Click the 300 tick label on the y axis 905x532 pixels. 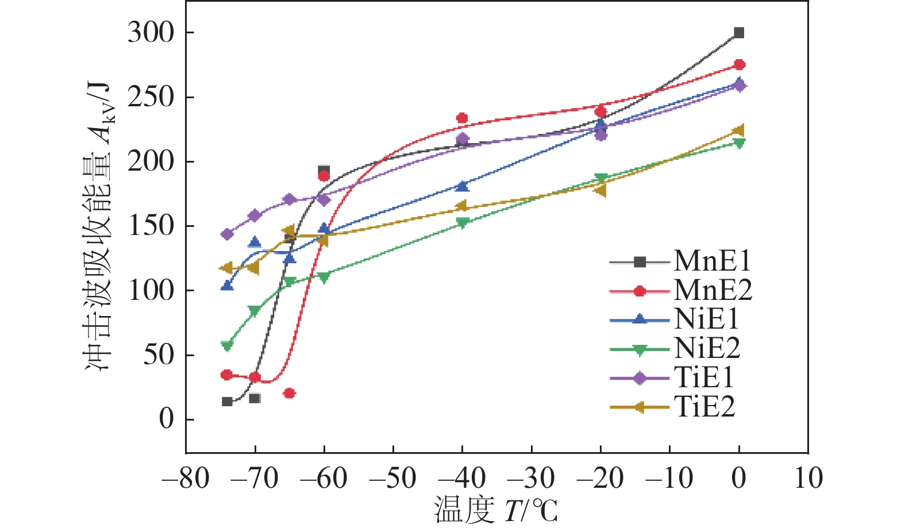(x=151, y=33)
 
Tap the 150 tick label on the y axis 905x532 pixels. (x=151, y=226)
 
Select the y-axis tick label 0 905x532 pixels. (x=166, y=419)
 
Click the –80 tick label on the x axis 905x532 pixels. (x=186, y=478)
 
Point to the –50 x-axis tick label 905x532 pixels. (x=393, y=478)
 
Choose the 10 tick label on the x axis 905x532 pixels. (x=808, y=478)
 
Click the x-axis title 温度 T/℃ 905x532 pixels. (x=495, y=510)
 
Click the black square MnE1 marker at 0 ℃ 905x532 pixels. (x=739, y=33)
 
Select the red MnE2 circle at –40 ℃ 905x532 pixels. (x=462, y=118)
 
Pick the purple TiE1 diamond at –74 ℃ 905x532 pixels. (x=227, y=234)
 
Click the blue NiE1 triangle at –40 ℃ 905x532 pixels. (x=462, y=186)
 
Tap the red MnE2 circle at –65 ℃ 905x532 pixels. (x=290, y=394)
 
